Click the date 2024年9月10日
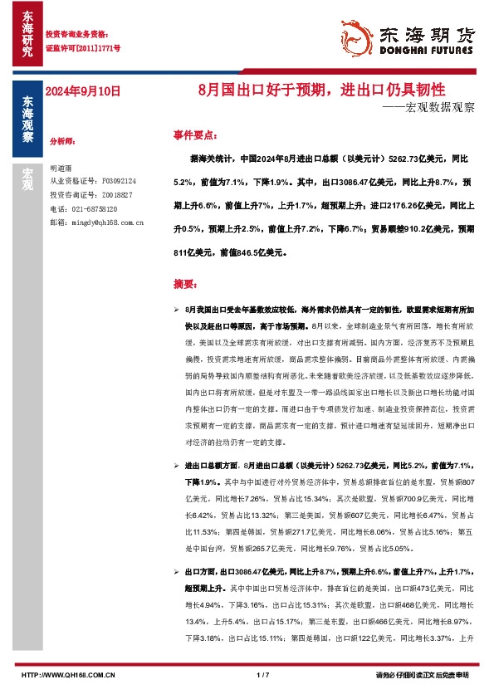[84, 91]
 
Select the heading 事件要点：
[196, 134]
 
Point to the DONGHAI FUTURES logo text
[428, 51]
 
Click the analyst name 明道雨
[61, 167]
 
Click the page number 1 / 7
[264, 675]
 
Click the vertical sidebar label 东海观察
[27, 120]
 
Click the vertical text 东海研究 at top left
[27, 34]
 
